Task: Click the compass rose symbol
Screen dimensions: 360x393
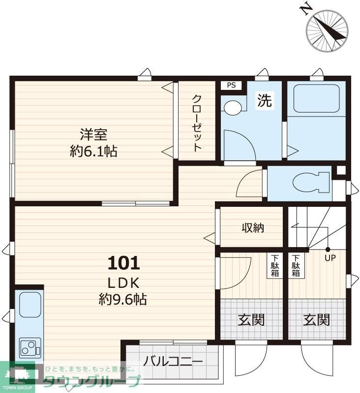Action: coord(327,31)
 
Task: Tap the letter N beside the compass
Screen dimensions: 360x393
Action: coord(306,9)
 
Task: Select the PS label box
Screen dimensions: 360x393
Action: coord(231,85)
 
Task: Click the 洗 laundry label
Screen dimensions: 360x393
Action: coord(265,100)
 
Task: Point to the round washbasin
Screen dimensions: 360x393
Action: coord(233,108)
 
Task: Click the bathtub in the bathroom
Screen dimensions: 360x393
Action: coord(316,99)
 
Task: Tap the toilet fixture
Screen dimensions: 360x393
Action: coord(311,182)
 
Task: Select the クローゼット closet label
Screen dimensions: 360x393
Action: coord(197,123)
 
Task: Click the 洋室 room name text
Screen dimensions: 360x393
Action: coord(94,134)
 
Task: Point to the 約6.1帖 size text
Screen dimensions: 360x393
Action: coord(93,151)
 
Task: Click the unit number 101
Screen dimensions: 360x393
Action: coord(123,263)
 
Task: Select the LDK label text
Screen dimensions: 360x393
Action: coord(123,283)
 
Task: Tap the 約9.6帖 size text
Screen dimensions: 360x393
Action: coord(122,299)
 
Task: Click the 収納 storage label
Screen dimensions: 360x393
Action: coord(253,227)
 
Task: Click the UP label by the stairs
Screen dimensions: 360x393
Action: coord(330,258)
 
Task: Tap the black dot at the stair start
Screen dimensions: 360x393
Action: coord(328,250)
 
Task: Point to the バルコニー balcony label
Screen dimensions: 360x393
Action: coord(173,361)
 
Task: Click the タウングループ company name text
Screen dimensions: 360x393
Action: coord(91,381)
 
